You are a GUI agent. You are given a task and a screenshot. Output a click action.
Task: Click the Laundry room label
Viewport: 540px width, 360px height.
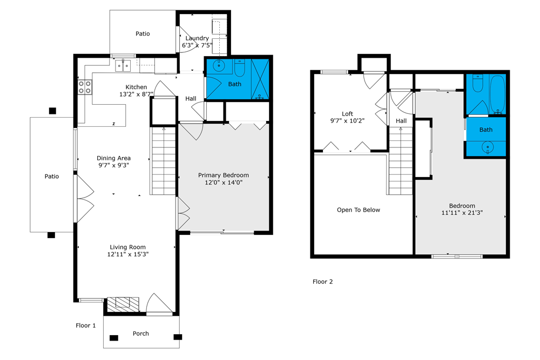point(197,38)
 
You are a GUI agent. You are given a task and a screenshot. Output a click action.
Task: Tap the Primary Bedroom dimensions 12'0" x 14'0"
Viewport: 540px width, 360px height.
point(224,182)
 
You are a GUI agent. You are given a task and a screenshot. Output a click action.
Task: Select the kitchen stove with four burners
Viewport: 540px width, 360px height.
point(85,87)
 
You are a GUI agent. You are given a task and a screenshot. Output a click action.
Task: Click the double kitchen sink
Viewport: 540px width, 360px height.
point(123,65)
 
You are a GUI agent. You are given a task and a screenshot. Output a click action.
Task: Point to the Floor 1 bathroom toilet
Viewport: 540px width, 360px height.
point(239,67)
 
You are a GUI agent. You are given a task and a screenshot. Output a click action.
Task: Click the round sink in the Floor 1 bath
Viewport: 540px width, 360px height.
point(219,65)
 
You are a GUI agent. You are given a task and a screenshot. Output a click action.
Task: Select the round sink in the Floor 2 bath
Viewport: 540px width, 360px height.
point(487,147)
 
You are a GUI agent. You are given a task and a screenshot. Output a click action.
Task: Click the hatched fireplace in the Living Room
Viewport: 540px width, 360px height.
point(123,304)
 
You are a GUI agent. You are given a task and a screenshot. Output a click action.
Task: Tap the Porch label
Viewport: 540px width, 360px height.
point(141,334)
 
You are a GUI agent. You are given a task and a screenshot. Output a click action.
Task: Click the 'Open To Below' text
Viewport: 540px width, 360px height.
point(359,210)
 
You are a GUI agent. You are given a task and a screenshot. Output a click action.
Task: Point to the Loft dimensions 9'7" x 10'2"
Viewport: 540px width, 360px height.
point(347,121)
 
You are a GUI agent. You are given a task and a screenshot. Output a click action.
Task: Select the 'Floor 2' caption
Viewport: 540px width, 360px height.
point(323,282)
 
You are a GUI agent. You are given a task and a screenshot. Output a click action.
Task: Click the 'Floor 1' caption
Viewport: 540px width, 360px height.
point(86,325)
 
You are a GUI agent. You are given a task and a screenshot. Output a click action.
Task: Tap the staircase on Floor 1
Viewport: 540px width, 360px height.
point(164,161)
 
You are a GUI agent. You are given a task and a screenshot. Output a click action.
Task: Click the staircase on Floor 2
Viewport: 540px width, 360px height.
point(401,161)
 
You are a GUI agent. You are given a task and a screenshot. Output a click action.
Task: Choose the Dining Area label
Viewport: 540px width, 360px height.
point(113,158)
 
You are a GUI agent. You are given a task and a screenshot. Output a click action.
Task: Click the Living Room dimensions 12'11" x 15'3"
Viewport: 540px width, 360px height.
point(128,254)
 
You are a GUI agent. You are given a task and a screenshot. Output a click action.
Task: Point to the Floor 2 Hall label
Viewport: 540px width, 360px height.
point(401,121)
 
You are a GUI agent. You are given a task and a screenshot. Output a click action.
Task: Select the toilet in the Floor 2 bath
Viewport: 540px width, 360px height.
point(477,83)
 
